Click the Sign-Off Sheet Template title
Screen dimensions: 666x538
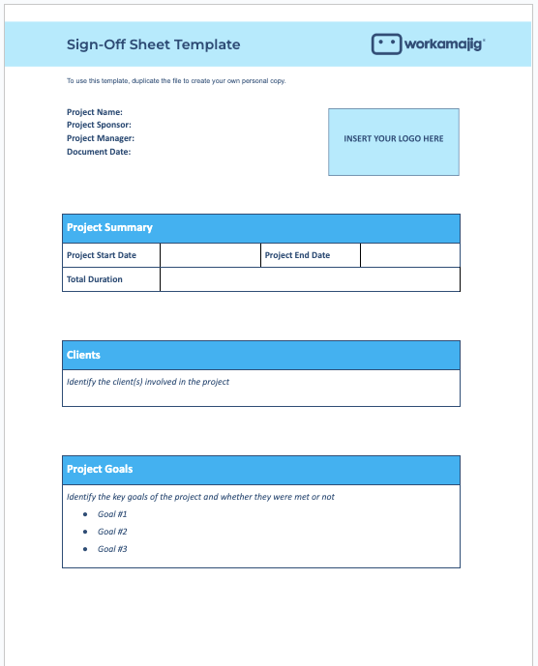[x=153, y=44]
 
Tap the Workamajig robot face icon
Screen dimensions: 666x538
[x=386, y=44]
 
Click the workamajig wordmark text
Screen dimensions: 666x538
[x=444, y=44]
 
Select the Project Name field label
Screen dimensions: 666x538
[x=95, y=112]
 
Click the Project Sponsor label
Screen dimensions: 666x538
[x=99, y=125]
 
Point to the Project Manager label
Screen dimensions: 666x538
[x=101, y=138]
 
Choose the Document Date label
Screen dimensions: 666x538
[x=99, y=152]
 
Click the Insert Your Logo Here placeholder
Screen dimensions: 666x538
[x=394, y=140]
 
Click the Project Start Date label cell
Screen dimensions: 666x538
[x=110, y=255]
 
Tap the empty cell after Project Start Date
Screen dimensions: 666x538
[x=210, y=255]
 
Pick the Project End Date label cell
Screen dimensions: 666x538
[x=310, y=255]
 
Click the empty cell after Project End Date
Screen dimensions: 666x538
[x=409, y=255]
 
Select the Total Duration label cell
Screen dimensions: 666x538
[x=110, y=279]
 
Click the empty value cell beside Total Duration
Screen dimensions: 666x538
[x=310, y=279]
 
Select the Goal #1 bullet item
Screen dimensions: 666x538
[x=112, y=514]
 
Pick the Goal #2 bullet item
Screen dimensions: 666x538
[x=112, y=532]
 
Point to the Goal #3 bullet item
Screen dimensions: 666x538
[x=112, y=549]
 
